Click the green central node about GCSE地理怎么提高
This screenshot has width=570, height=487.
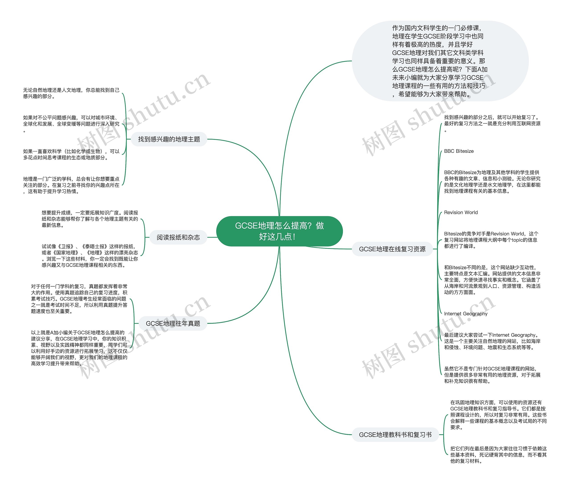pyautogui.click(x=279, y=231)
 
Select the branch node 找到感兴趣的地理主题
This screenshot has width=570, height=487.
pyautogui.click(x=169, y=139)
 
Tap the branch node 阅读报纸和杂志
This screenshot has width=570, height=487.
pyautogui.click(x=178, y=237)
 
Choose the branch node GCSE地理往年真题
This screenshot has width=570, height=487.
pyautogui.click(x=173, y=323)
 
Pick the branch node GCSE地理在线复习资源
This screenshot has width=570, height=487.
pyautogui.click(x=392, y=249)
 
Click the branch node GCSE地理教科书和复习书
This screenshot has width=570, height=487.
pyautogui.click(x=395, y=435)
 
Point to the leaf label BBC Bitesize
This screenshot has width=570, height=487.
pyautogui.click(x=459, y=151)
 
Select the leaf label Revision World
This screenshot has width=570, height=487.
pyautogui.click(x=461, y=212)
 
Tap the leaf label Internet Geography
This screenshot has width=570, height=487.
pyautogui.click(x=466, y=314)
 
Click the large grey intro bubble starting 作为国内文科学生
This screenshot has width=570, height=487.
pyautogui.click(x=440, y=61)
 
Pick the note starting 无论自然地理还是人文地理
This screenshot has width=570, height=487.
pyautogui.click(x=71, y=93)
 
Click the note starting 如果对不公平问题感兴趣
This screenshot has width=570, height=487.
pyautogui.click(x=71, y=124)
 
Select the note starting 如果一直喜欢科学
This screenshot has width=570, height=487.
pyautogui.click(x=71, y=154)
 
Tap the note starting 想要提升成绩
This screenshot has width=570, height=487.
pyautogui.click(x=90, y=219)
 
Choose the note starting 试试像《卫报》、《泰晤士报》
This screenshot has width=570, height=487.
pyautogui.click(x=90, y=256)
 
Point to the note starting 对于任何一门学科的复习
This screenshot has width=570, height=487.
pyautogui.click(x=79, y=299)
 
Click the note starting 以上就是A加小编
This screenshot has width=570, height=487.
pyautogui.click(x=79, y=348)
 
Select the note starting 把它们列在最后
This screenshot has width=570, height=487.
pyautogui.click(x=498, y=455)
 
